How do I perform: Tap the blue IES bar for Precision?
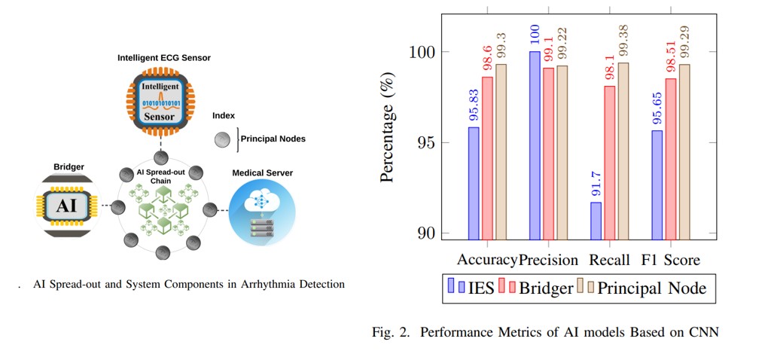(535, 145)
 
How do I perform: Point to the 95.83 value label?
(474, 107)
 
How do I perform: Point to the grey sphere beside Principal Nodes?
(222, 139)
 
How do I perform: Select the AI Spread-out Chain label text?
(160, 176)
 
